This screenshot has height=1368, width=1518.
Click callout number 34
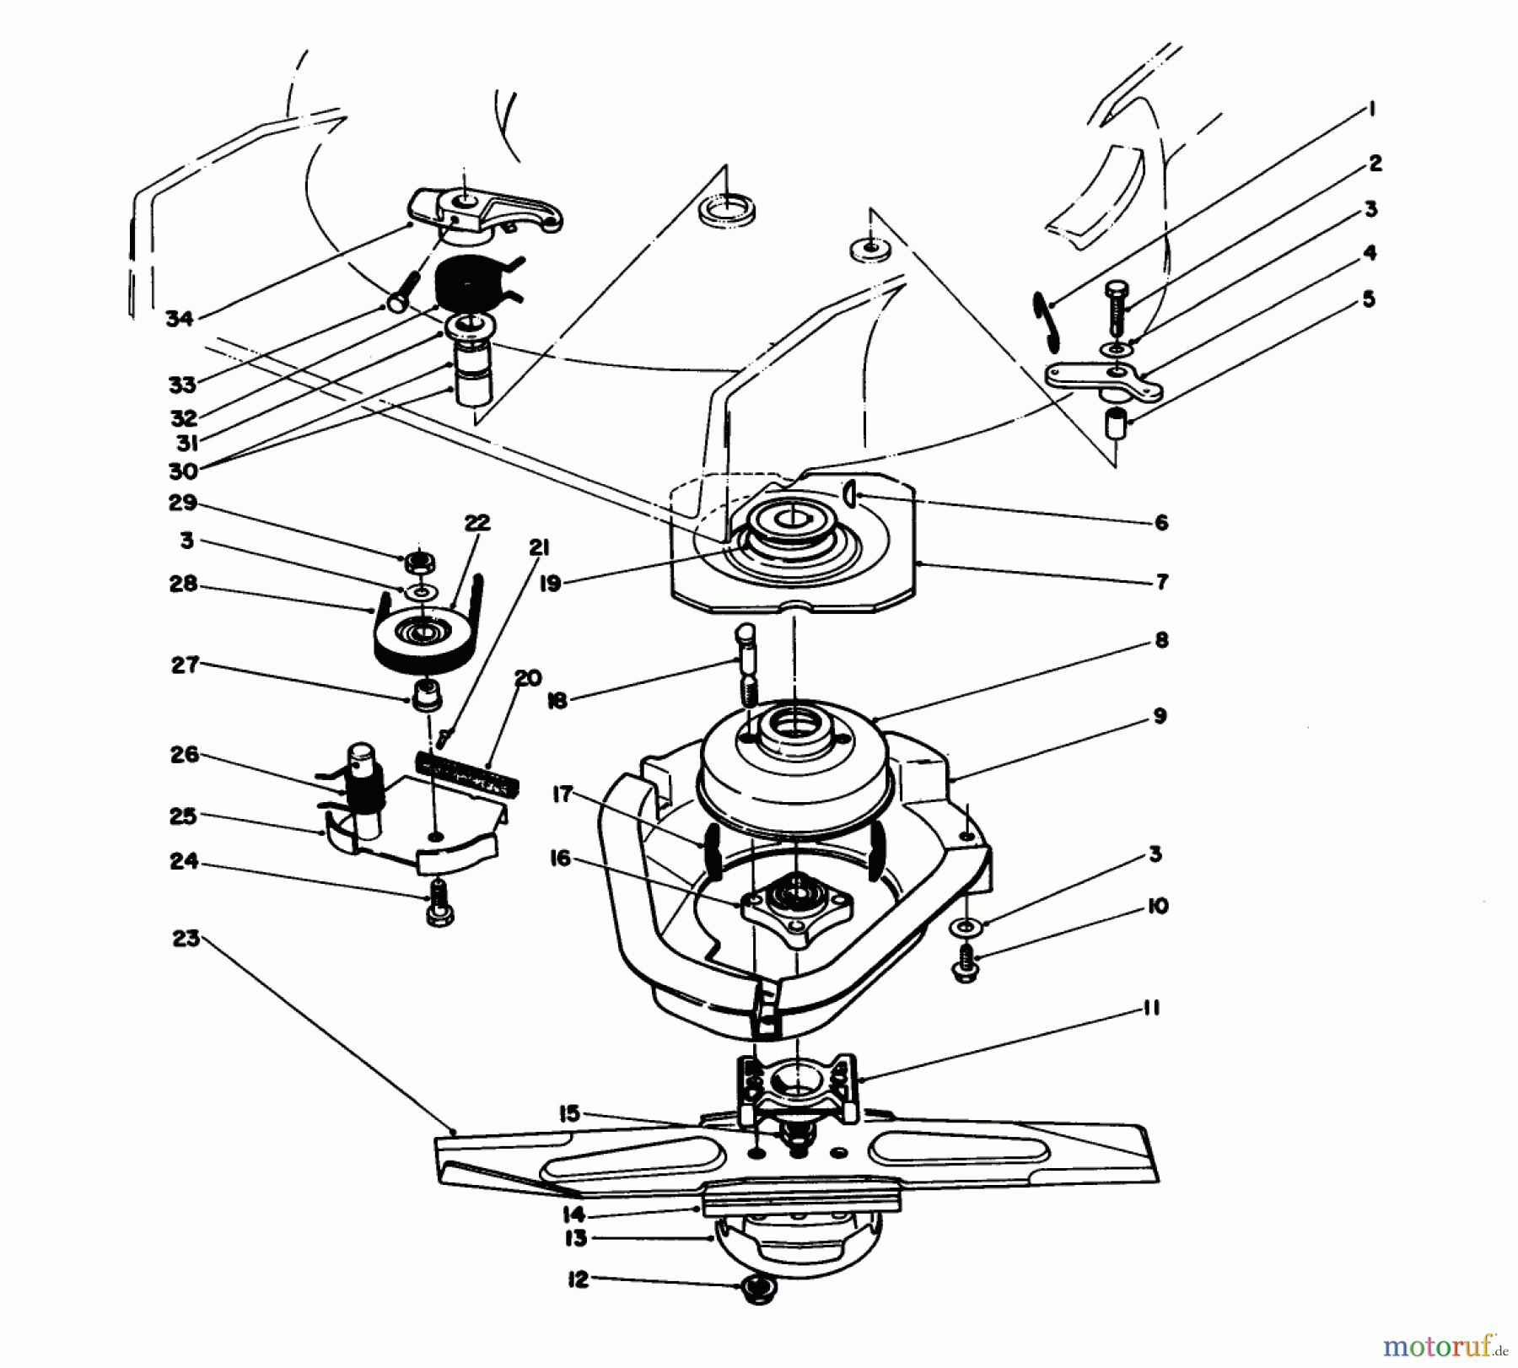pyautogui.click(x=179, y=319)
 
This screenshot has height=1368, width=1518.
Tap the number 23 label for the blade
pyautogui.click(x=186, y=938)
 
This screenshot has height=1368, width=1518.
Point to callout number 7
pyautogui.click(x=1161, y=582)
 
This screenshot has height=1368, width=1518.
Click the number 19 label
pyautogui.click(x=551, y=583)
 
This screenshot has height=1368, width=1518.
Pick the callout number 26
pyautogui.click(x=184, y=755)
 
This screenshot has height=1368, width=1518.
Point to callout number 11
pyautogui.click(x=1152, y=1008)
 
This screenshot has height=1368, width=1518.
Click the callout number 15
pyautogui.click(x=569, y=1113)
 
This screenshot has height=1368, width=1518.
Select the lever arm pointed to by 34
pyautogui.click(x=489, y=211)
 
